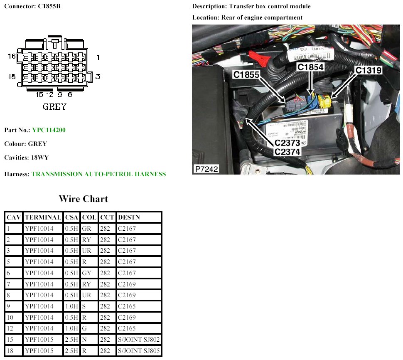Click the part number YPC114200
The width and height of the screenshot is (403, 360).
click(49, 130)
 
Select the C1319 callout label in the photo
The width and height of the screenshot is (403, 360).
click(368, 70)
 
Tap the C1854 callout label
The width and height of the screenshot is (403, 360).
click(311, 67)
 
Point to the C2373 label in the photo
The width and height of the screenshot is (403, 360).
click(287, 143)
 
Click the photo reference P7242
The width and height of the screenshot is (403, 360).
click(206, 169)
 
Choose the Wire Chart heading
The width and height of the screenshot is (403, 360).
click(83, 199)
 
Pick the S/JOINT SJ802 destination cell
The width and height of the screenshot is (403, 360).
click(139, 340)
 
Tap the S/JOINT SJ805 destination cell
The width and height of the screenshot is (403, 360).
click(139, 351)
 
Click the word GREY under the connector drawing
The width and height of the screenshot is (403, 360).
click(54, 107)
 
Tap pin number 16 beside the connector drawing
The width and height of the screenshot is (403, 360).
click(12, 55)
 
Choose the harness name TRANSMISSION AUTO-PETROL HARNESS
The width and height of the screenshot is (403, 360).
click(98, 174)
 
